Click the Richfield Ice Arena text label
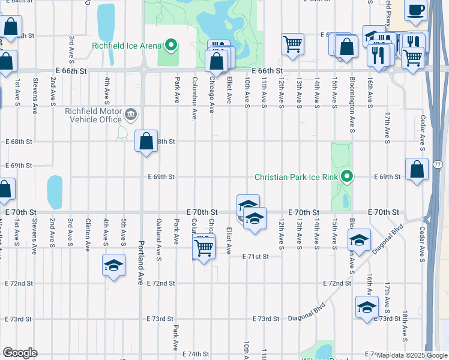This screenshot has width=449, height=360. [x=127, y=46]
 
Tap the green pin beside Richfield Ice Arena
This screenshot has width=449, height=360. [x=171, y=45]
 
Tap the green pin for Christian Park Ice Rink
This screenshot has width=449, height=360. [x=346, y=176]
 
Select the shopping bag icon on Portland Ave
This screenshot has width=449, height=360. [x=146, y=142]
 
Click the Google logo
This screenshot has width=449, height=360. [x=20, y=353]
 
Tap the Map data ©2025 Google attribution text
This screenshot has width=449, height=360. [x=411, y=355]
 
